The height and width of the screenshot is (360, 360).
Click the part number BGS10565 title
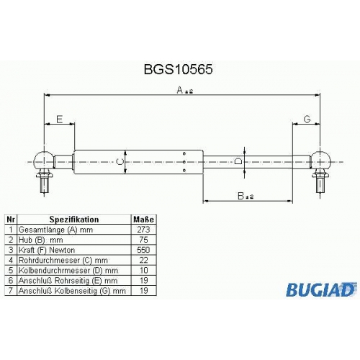178,70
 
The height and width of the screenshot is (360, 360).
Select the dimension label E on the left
59,120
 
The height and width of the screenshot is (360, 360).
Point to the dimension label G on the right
307,119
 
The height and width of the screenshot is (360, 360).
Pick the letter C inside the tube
120,161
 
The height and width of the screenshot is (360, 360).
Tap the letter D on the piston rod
238,161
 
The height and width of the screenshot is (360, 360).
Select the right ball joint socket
320,161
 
